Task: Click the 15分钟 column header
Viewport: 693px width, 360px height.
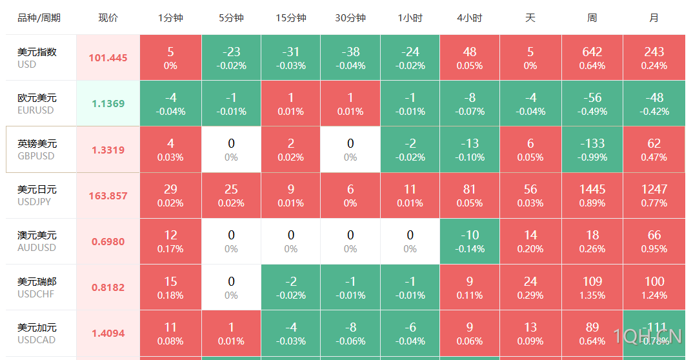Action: click(x=291, y=18)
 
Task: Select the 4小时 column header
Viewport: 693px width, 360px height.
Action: click(x=469, y=18)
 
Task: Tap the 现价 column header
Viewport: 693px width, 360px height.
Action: click(x=108, y=18)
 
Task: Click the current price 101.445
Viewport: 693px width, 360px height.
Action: click(x=108, y=58)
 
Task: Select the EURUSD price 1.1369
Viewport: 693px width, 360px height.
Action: click(x=108, y=104)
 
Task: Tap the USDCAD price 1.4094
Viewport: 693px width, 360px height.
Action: click(x=108, y=334)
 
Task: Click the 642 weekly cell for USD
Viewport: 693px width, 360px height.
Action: click(x=592, y=57)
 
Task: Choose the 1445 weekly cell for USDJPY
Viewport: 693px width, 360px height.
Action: click(x=592, y=195)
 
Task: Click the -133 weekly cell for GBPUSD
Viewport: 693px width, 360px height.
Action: click(x=592, y=149)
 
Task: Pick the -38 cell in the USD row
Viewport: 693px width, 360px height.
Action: click(x=350, y=57)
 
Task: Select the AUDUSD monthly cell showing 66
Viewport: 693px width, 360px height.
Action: click(x=654, y=241)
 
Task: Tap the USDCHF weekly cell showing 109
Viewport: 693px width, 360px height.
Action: click(x=592, y=287)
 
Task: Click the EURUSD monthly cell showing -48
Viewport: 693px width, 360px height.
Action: click(x=654, y=103)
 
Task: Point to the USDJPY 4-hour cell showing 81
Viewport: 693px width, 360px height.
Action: click(x=470, y=195)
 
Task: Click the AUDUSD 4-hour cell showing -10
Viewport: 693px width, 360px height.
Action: click(x=470, y=241)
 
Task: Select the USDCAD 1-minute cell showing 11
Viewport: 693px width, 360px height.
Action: click(x=170, y=333)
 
